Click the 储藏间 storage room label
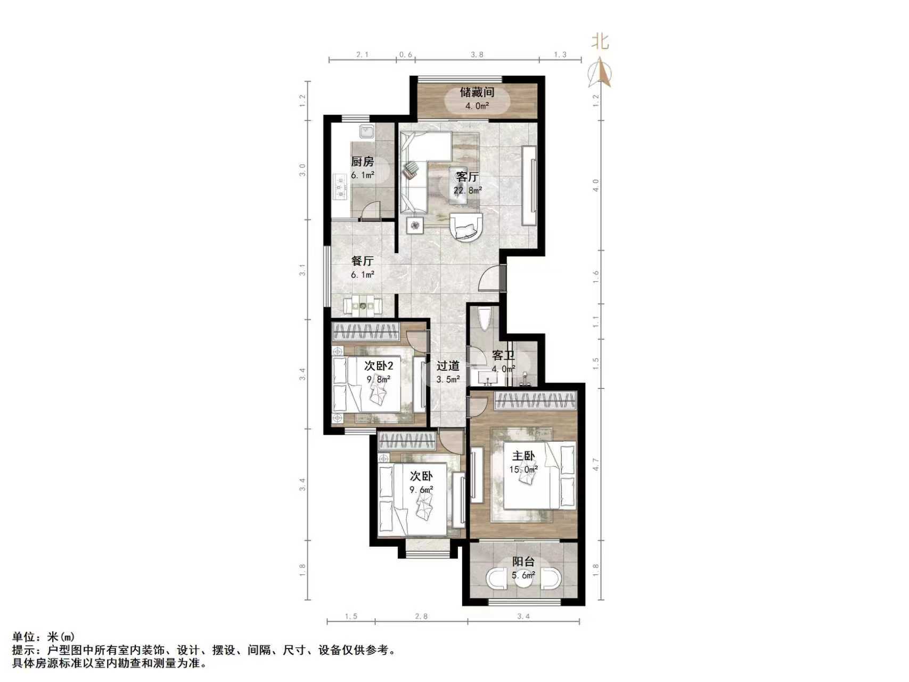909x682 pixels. point(477,92)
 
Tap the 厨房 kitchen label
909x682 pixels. point(362,161)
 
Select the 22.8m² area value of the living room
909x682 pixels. point(468,190)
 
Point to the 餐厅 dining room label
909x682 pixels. point(362,261)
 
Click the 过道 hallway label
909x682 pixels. point(448,366)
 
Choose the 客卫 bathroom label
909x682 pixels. point(503,355)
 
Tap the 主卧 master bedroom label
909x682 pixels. point(523,456)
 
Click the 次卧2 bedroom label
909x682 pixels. point(378,366)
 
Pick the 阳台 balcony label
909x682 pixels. point(523,562)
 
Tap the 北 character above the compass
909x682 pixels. point(601,42)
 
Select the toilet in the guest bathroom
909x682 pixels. point(485,320)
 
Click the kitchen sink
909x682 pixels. point(366,131)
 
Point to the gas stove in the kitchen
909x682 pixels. point(340,186)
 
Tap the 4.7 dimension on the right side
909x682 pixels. point(596,465)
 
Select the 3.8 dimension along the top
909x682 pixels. point(477,54)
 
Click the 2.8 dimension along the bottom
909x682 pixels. point(421,616)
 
